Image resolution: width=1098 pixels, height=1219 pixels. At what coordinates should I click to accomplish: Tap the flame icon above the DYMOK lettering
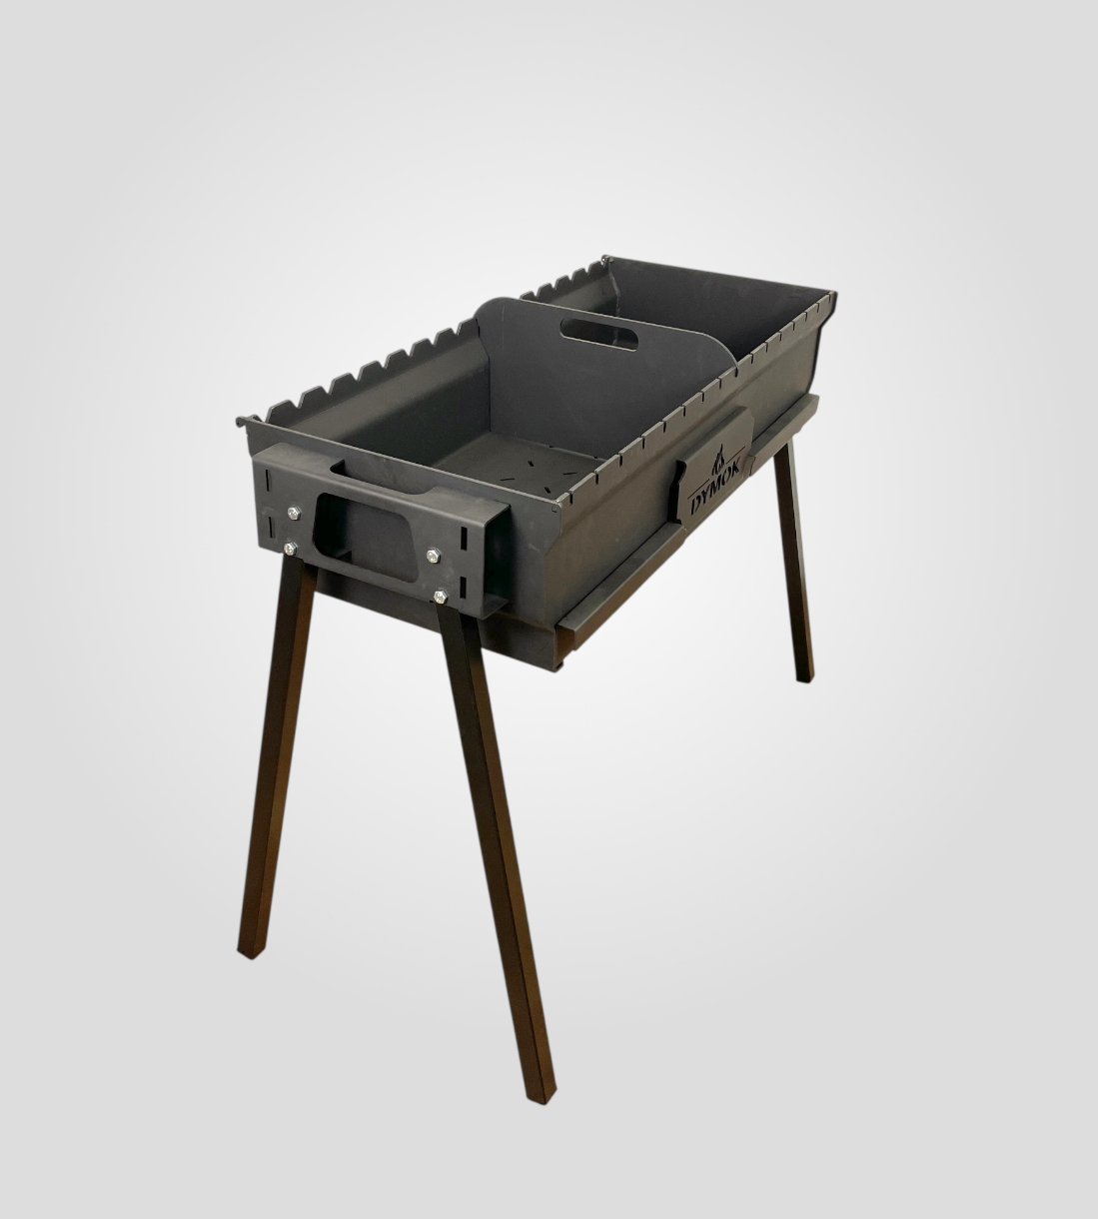(x=717, y=466)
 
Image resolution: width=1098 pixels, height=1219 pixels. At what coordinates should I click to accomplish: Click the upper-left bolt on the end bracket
(x=294, y=513)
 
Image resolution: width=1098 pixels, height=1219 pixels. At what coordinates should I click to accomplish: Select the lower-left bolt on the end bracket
(x=291, y=549)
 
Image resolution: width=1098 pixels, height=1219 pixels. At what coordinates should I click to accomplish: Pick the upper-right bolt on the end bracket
(x=434, y=555)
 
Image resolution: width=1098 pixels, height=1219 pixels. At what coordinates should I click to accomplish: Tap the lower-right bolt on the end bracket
(x=441, y=596)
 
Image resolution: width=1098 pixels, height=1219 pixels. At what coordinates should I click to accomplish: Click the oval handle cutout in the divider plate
(x=600, y=333)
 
